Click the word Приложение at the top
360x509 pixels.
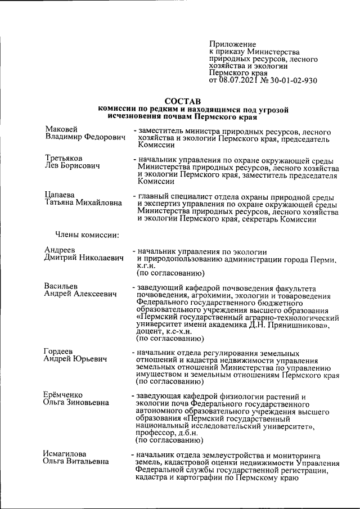click(x=232, y=44)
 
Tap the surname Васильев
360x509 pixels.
click(x=62, y=286)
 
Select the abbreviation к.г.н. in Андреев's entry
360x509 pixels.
click(x=147, y=267)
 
